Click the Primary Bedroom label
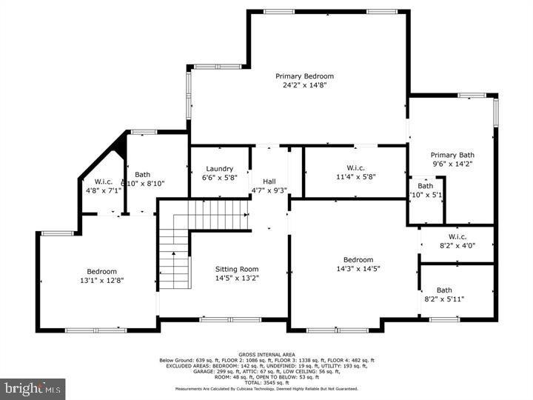(304, 76)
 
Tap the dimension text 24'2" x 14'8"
(304, 85)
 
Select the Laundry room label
(220, 169)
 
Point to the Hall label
(269, 181)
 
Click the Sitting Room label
(237, 269)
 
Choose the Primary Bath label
(452, 155)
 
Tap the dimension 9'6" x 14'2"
(452, 164)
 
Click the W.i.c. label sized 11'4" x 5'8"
(356, 168)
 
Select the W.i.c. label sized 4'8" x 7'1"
(103, 181)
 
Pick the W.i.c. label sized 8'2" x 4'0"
(457, 237)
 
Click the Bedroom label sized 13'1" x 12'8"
(101, 271)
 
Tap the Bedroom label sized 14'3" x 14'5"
(358, 259)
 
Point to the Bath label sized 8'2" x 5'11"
(444, 290)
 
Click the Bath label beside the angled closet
(142, 175)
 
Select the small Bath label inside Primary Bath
(425, 186)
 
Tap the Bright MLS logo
(33, 388)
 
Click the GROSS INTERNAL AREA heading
(266, 355)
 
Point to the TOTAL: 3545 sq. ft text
(266, 381)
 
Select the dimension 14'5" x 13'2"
(237, 278)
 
